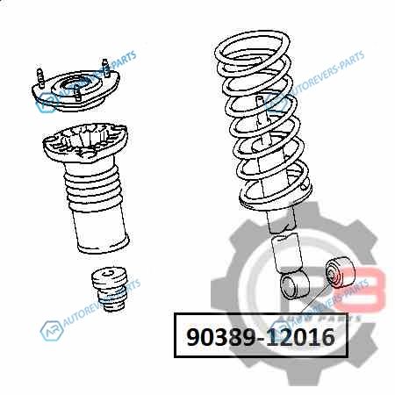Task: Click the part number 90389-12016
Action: [x=261, y=336]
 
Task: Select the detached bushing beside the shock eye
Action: [x=341, y=272]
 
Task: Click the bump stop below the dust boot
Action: [x=110, y=289]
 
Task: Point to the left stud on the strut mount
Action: [x=40, y=78]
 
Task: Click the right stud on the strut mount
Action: [x=105, y=68]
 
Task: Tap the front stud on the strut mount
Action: [x=77, y=92]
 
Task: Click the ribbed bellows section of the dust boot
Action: [x=92, y=187]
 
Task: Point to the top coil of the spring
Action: [x=252, y=47]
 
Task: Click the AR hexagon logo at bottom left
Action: [x=52, y=331]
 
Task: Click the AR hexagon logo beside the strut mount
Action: [x=47, y=103]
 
